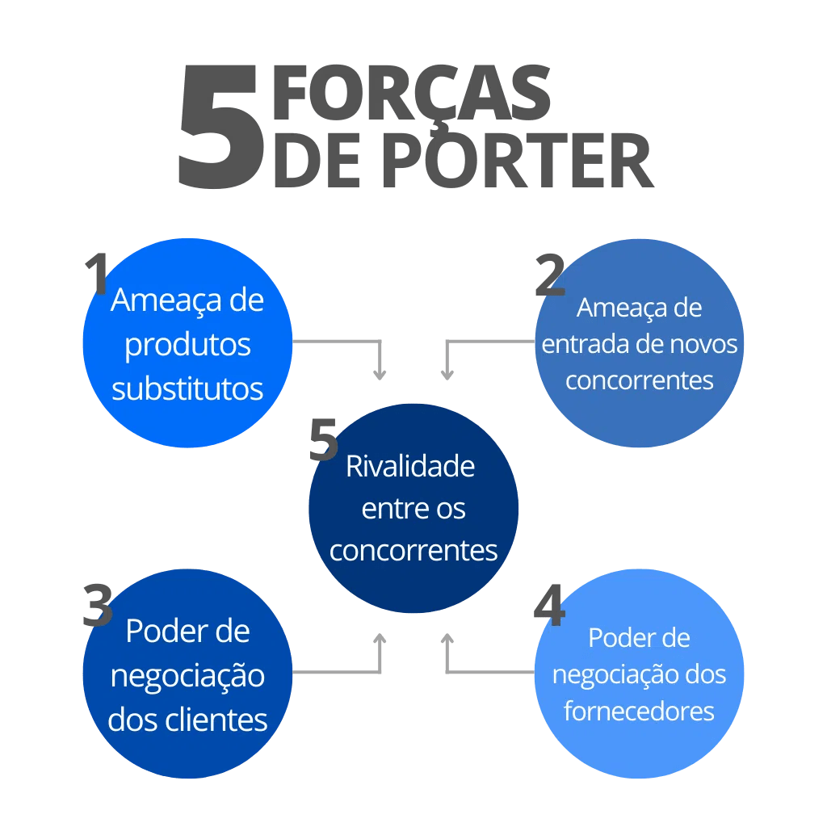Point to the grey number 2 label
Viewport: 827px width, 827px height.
coord(550,275)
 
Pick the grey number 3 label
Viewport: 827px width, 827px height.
coord(98,606)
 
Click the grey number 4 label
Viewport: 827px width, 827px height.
coord(549,606)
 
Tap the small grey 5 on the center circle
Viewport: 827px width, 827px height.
coord(324,441)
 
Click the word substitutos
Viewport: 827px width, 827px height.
coord(187,388)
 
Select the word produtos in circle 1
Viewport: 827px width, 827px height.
coord(187,345)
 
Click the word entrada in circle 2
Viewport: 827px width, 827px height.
coord(574,344)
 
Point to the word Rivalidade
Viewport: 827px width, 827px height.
coord(410,466)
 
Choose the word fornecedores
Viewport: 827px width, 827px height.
coord(639,711)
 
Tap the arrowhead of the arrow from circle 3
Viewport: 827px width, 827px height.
coord(380,639)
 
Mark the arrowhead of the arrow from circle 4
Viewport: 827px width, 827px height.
coord(447,639)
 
